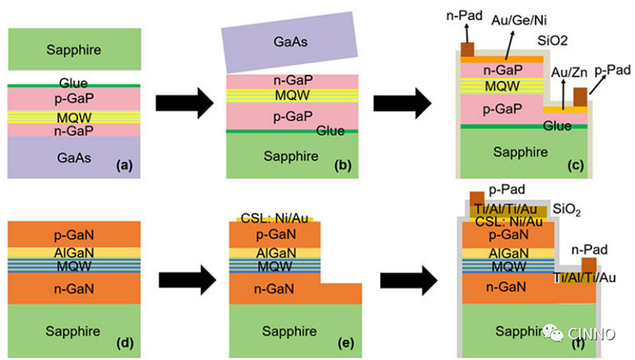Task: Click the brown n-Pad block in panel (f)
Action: click(589, 263)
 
